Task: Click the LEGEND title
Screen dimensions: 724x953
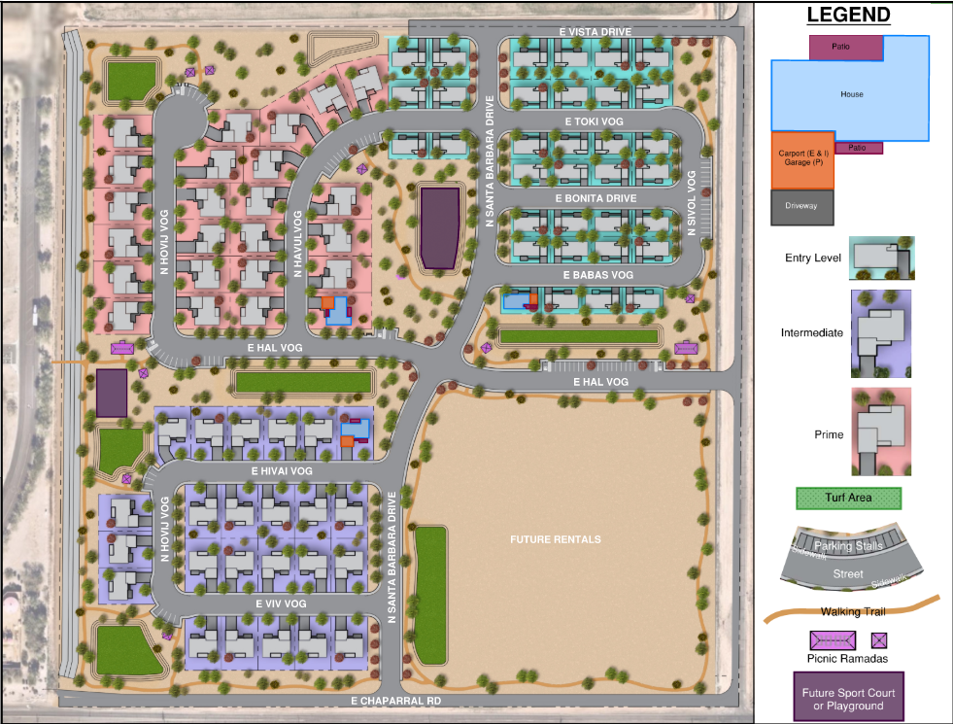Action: tap(848, 15)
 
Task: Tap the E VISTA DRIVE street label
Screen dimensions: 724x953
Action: tap(596, 32)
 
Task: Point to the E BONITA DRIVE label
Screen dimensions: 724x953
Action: tap(596, 198)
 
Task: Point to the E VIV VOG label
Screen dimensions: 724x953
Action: tap(281, 603)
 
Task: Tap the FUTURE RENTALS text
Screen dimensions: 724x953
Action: tap(556, 539)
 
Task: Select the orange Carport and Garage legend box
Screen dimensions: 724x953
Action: tap(802, 159)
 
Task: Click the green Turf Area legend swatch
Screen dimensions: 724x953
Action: tap(848, 498)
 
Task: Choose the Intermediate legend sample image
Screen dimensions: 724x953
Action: tap(881, 333)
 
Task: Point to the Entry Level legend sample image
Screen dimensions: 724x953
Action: tap(881, 258)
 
